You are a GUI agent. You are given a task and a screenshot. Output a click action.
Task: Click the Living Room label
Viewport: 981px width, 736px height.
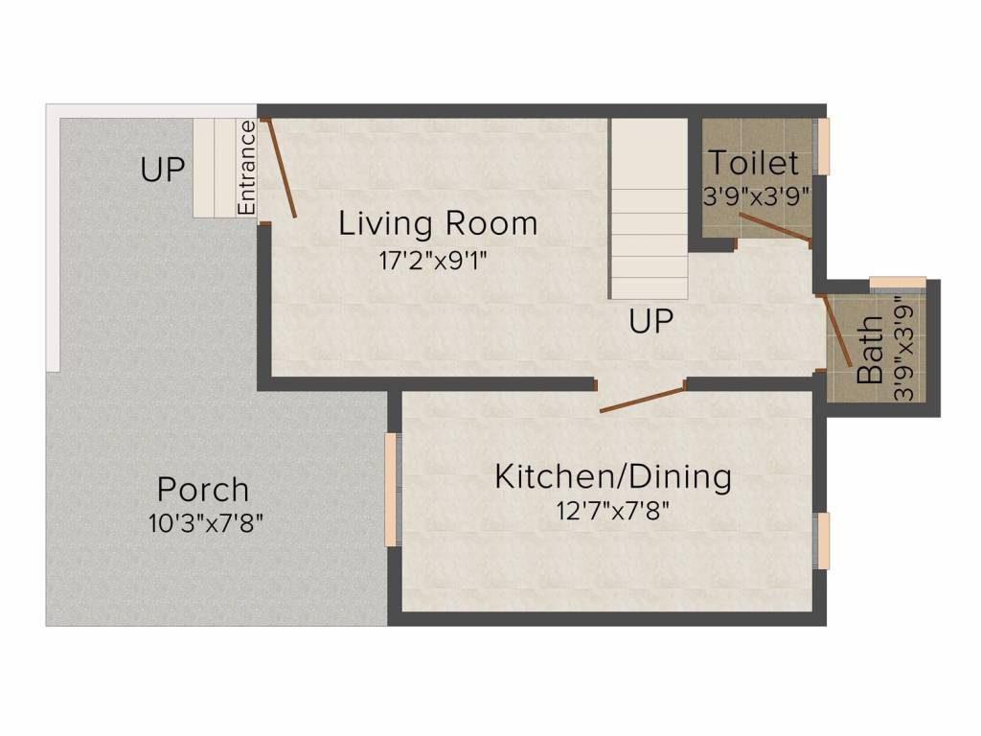(438, 224)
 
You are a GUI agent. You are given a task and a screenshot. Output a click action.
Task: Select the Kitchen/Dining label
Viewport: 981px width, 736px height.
(613, 476)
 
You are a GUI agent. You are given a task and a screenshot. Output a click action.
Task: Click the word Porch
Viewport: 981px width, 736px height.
(203, 490)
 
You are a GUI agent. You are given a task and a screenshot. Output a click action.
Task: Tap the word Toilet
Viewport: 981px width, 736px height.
(753, 161)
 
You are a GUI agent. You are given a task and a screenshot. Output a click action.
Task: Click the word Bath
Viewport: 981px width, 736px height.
(870, 359)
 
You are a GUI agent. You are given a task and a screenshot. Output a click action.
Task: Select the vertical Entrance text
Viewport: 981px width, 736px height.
(246, 167)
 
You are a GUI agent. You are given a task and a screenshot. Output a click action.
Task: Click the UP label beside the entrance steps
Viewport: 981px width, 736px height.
(163, 171)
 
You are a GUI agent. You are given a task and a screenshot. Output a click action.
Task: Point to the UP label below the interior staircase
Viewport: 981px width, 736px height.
(651, 322)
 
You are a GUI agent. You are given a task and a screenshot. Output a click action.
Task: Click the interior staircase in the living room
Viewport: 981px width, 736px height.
(650, 211)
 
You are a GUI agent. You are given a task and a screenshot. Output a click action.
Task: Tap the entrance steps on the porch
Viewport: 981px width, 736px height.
(215, 167)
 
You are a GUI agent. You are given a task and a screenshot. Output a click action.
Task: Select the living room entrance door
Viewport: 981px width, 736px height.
(279, 169)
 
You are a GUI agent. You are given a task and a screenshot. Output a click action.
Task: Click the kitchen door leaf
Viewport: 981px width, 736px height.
(643, 398)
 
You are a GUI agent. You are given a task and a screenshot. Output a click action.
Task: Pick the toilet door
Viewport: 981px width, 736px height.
(775, 228)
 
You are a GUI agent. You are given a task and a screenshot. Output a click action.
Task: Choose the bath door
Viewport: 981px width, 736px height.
(837, 331)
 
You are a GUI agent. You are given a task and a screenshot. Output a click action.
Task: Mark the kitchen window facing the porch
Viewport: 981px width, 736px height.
(391, 490)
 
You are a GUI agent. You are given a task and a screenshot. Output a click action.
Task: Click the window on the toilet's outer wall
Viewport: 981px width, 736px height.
(823, 147)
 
